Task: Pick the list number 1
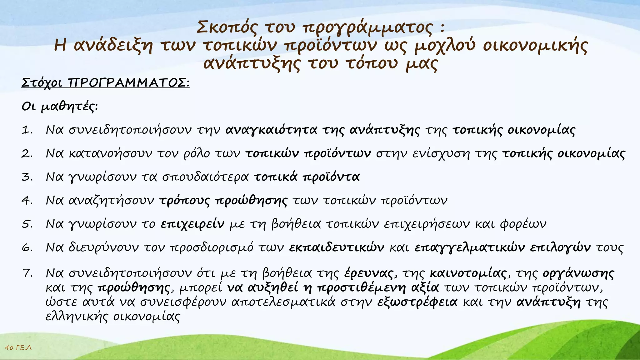(x=27, y=130)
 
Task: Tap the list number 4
(x=27, y=200)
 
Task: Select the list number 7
(x=27, y=273)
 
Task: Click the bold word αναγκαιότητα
(x=271, y=130)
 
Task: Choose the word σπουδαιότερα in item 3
(x=205, y=177)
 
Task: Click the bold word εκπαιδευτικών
(x=337, y=247)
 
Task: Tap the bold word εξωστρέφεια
(x=417, y=302)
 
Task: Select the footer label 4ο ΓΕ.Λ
(x=18, y=347)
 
